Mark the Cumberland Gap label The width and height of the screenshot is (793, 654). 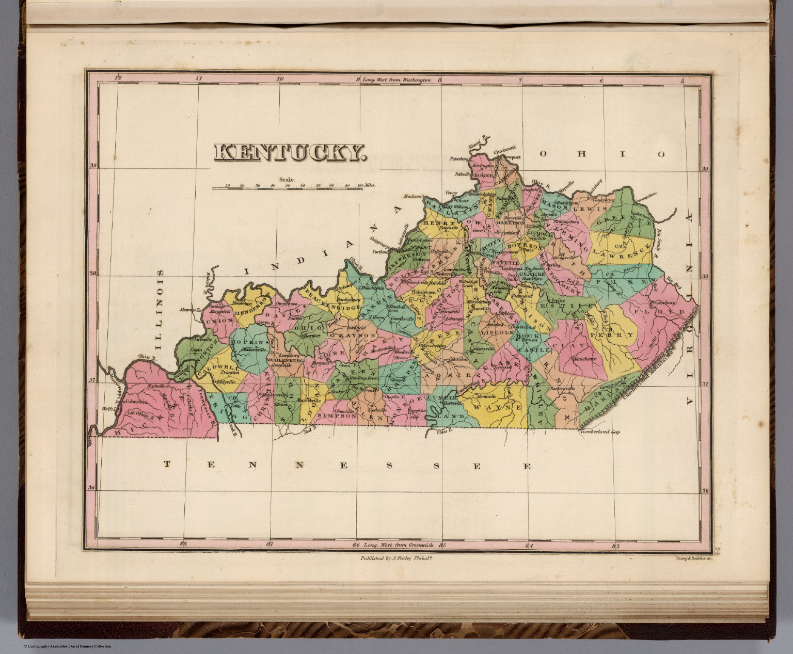coord(599,432)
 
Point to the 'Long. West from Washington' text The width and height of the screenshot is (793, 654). coord(396,80)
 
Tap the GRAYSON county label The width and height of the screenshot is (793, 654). coord(350,336)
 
